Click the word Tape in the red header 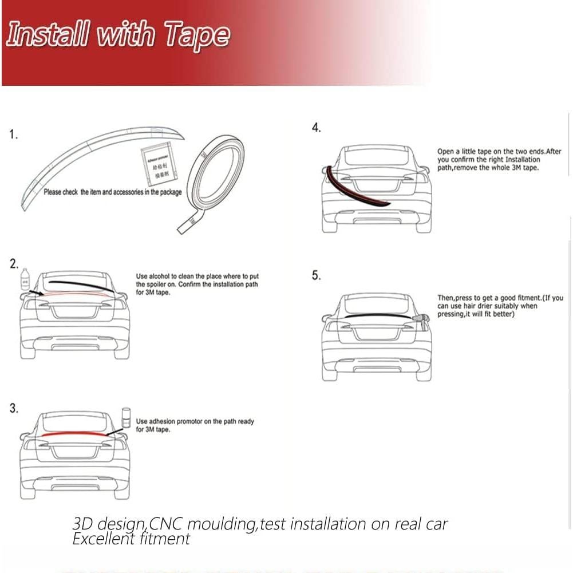[197, 36]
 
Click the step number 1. [13, 135]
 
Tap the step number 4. [316, 128]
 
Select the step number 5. [316, 275]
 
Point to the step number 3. [13, 408]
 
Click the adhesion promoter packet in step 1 [159, 164]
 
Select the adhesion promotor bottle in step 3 [127, 418]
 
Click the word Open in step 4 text [446, 152]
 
